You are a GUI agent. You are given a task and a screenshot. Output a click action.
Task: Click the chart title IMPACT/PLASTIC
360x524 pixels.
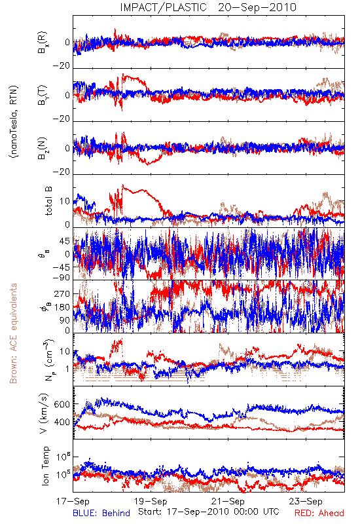point(163,7)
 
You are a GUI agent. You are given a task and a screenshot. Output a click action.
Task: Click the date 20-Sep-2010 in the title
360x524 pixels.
point(257,7)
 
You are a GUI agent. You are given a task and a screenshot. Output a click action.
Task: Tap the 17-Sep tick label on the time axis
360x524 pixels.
point(73,501)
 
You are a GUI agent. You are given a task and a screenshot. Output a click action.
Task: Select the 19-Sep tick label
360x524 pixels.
point(151,501)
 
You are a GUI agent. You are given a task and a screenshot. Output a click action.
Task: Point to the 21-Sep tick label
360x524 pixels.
point(228,501)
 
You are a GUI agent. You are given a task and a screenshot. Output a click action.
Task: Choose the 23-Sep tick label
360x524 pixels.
point(306,501)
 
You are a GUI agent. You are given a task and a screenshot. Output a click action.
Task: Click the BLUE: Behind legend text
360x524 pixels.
point(101,513)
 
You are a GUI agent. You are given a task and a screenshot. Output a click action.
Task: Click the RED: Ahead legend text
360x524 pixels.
point(319,513)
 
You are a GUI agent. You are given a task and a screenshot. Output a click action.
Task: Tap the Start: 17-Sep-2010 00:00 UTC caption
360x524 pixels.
point(209,512)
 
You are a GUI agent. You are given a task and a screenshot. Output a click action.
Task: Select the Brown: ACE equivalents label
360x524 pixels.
point(13,333)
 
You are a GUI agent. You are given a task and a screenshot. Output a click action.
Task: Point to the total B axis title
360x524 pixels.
point(48,201)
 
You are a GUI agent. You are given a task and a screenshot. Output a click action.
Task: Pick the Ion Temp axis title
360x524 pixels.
point(45,466)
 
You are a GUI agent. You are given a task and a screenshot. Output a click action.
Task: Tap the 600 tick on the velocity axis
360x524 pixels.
point(62,404)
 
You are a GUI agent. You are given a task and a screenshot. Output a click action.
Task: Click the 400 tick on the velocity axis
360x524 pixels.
point(62,422)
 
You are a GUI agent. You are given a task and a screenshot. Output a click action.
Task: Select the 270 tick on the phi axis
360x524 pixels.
point(62,293)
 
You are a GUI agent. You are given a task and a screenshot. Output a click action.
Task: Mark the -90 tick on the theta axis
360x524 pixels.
point(62,278)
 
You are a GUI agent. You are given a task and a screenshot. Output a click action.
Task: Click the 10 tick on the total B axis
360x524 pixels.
point(65,201)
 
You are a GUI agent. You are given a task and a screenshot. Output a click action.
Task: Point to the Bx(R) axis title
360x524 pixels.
point(43,43)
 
